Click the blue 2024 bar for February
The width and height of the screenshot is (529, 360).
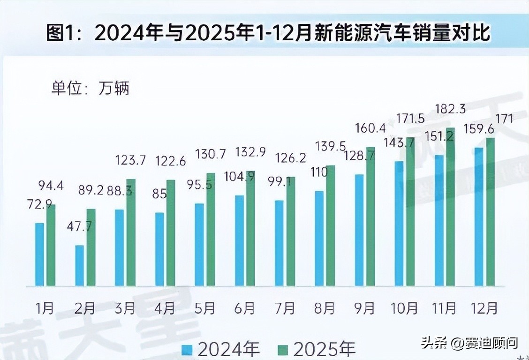pyautogui.click(x=79, y=265)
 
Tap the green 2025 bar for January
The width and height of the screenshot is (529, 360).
pyautogui.click(x=51, y=245)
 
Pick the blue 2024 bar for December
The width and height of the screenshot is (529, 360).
pyautogui.click(x=479, y=217)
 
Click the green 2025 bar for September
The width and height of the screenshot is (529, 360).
pyautogui.click(x=370, y=216)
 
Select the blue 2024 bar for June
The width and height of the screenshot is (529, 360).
pyautogui.click(x=239, y=240)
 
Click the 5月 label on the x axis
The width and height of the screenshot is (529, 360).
pyautogui.click(x=204, y=308)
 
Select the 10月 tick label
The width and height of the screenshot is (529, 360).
pyautogui.click(x=404, y=308)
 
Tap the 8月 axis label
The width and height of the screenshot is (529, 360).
pyautogui.click(x=324, y=308)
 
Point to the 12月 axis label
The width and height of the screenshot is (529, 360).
pyautogui.click(x=484, y=308)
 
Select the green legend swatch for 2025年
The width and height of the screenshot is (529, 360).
pyautogui.click(x=283, y=349)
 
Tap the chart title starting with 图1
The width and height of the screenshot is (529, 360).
pyautogui.click(x=268, y=34)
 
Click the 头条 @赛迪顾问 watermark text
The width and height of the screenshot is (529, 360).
pyautogui.click(x=469, y=343)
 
